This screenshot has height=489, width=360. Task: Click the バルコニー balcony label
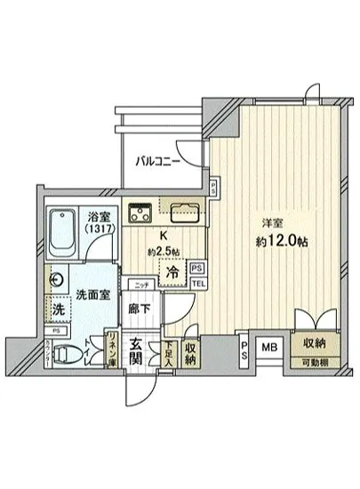159,162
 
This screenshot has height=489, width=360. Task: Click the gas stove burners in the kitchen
140,213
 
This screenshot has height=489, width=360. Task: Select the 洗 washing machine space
58,311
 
